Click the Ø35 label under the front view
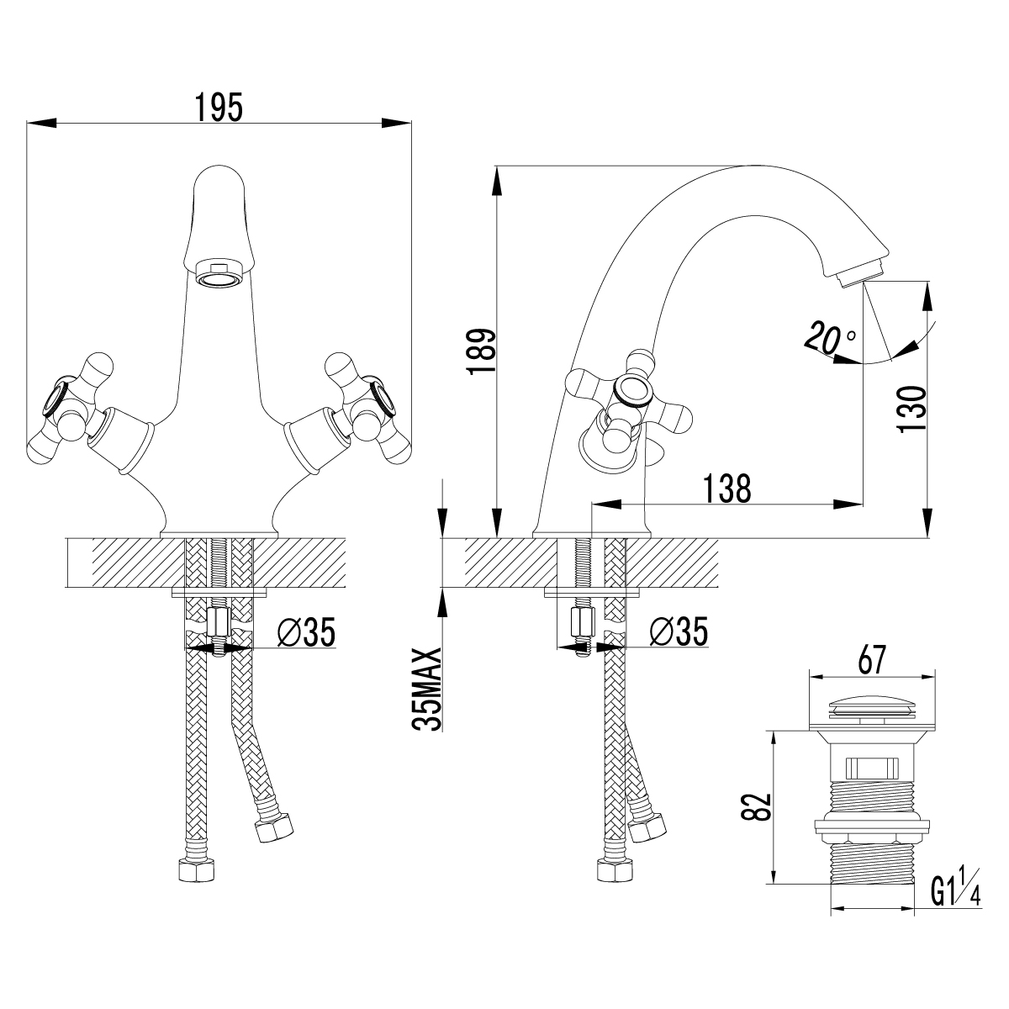306,632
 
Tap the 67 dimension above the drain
871,661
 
